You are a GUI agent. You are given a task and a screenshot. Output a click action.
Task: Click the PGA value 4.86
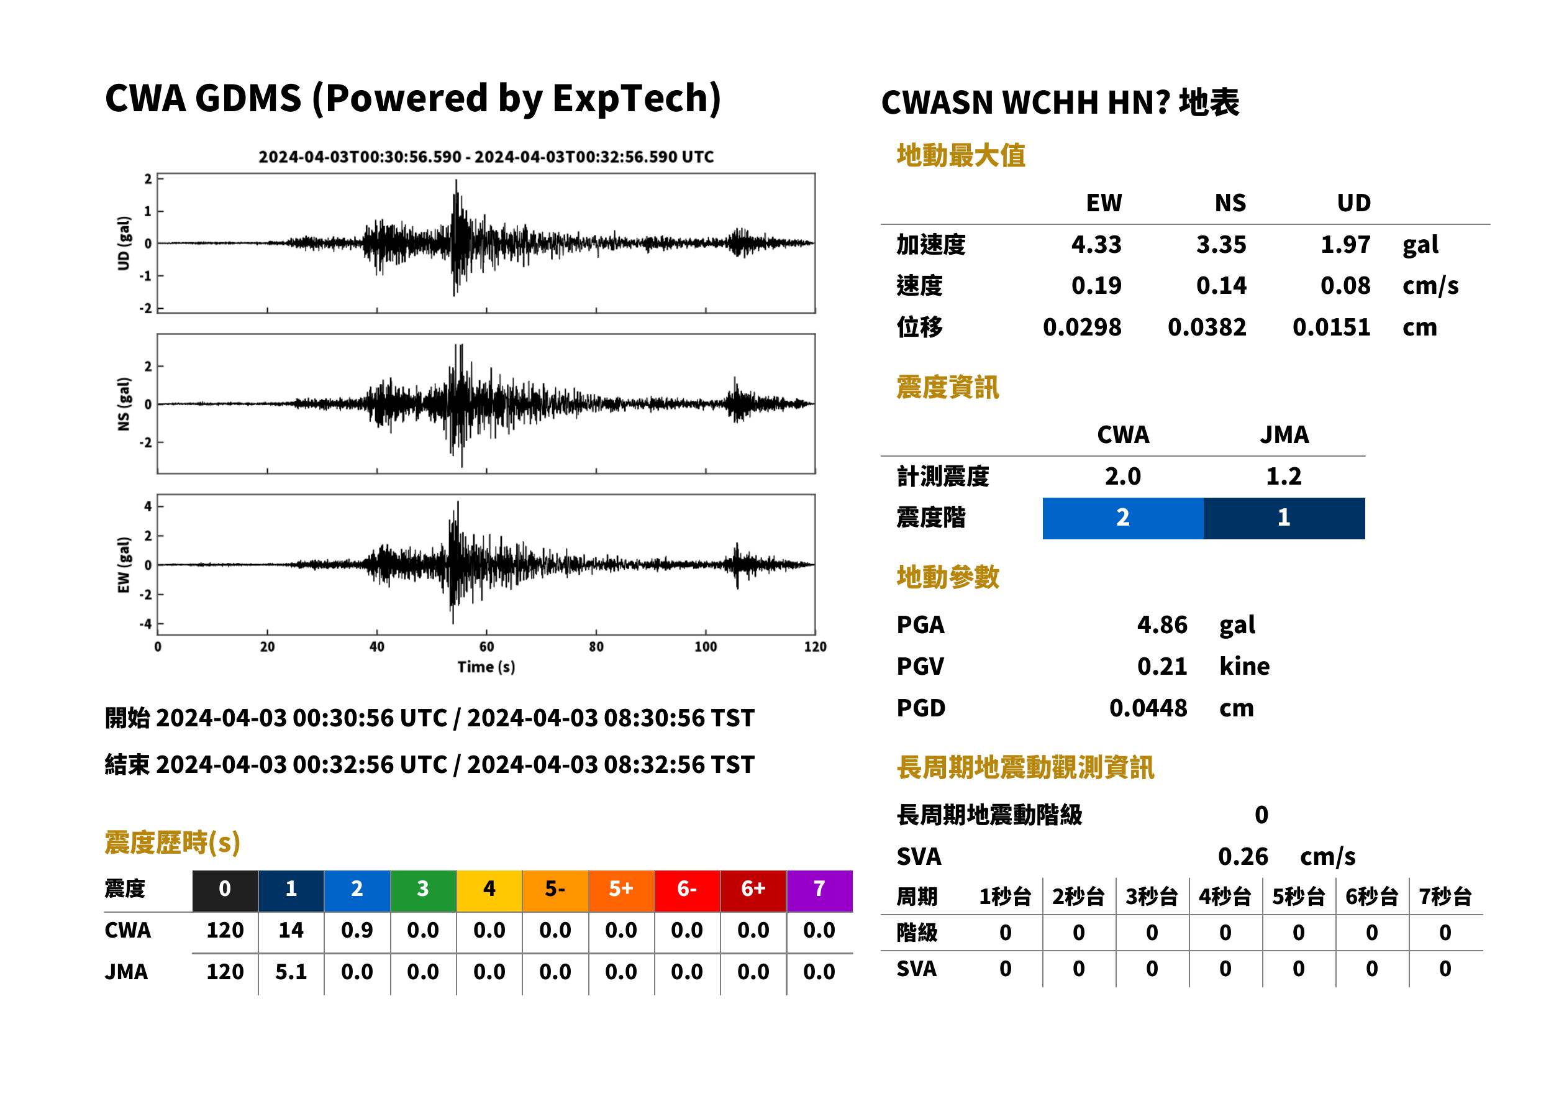pyautogui.click(x=1161, y=624)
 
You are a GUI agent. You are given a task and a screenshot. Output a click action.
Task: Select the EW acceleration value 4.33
pyautogui.click(x=1096, y=244)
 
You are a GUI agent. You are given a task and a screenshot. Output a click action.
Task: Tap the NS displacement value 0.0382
pyautogui.click(x=1206, y=327)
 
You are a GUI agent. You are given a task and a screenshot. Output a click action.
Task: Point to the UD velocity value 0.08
pyautogui.click(x=1345, y=285)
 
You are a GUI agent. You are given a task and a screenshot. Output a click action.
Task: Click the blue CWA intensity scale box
pyautogui.click(x=1122, y=518)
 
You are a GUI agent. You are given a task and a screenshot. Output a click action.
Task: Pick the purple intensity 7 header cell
pyautogui.click(x=819, y=890)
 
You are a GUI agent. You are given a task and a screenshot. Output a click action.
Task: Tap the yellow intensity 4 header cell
pyautogui.click(x=489, y=890)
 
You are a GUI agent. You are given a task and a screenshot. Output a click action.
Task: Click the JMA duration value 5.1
pyautogui.click(x=291, y=972)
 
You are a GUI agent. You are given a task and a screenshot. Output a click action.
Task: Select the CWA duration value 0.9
pyautogui.click(x=357, y=930)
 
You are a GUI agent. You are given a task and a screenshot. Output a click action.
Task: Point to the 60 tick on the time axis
pyautogui.click(x=486, y=646)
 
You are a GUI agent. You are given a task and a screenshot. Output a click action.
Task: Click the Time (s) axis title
pyautogui.click(x=486, y=667)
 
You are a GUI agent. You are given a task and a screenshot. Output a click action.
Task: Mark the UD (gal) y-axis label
pyautogui.click(x=124, y=243)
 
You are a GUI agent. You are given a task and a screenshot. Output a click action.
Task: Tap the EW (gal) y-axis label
pyautogui.click(x=124, y=565)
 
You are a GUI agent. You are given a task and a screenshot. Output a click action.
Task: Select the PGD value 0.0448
pyautogui.click(x=1148, y=708)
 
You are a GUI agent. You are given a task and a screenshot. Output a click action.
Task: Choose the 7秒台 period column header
pyautogui.click(x=1445, y=896)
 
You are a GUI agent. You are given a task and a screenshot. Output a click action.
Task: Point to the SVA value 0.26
pyautogui.click(x=1243, y=856)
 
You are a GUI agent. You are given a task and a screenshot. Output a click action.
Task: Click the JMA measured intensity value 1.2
pyautogui.click(x=1283, y=476)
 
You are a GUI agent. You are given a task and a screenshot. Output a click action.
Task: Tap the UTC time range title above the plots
pyautogui.click(x=486, y=157)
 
